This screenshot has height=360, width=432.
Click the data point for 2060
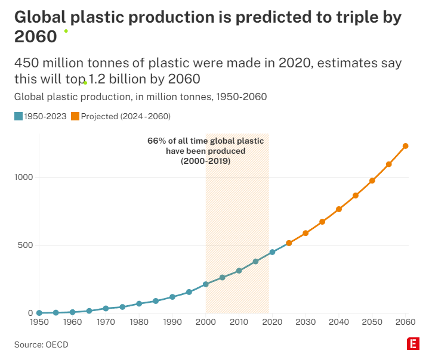[405, 145]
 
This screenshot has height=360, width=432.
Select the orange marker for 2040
[339, 209]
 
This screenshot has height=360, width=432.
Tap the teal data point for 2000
[206, 284]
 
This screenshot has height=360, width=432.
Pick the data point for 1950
[39, 312]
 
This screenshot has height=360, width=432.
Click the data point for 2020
[272, 252]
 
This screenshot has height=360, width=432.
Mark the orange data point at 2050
[372, 181]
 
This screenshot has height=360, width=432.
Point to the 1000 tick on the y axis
[22, 177]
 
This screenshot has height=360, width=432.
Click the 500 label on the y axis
[24, 245]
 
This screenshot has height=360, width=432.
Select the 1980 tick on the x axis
[139, 322]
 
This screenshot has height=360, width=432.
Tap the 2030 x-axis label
[306, 322]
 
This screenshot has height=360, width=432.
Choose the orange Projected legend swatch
[75, 116]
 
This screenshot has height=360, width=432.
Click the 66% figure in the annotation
[156, 141]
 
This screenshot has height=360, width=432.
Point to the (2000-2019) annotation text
[205, 161]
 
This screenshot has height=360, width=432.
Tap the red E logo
[412, 344]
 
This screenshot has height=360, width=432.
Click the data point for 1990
[172, 297]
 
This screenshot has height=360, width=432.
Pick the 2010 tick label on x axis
[239, 322]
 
